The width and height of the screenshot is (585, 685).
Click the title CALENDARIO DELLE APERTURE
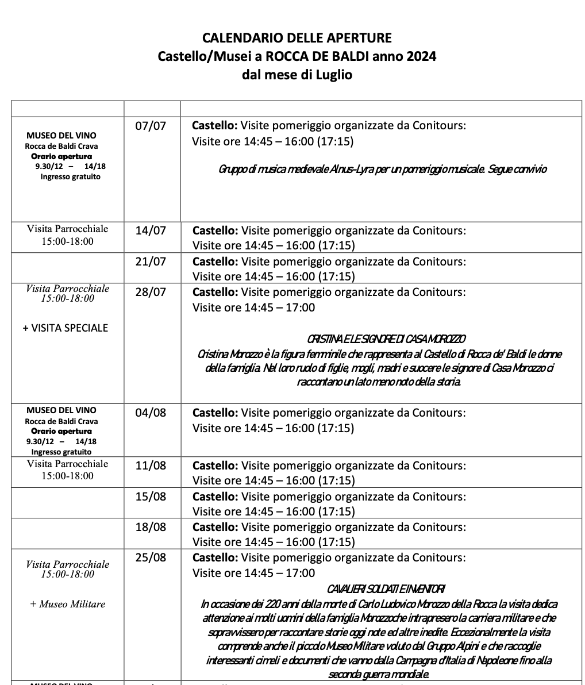tap(297, 39)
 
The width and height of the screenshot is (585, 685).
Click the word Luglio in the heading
tap(333, 75)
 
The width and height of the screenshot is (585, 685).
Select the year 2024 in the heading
tap(421, 56)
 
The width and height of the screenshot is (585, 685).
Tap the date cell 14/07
tap(151, 231)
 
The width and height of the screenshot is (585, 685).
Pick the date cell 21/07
tap(151, 262)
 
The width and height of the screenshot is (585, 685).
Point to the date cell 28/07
tap(151, 293)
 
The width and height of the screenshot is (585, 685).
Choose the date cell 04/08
tap(151, 413)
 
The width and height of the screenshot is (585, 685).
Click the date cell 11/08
tap(151, 465)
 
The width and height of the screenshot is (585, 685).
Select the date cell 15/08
tap(151, 497)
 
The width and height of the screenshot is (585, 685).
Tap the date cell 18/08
tap(151, 527)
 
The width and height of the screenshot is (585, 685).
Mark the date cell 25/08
tap(151, 558)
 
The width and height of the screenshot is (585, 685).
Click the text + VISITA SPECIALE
tap(66, 328)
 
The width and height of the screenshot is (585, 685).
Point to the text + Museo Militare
tap(68, 604)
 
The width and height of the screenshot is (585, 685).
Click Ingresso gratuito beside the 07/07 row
tap(70, 177)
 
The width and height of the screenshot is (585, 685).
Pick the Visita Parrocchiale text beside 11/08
tap(67, 464)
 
